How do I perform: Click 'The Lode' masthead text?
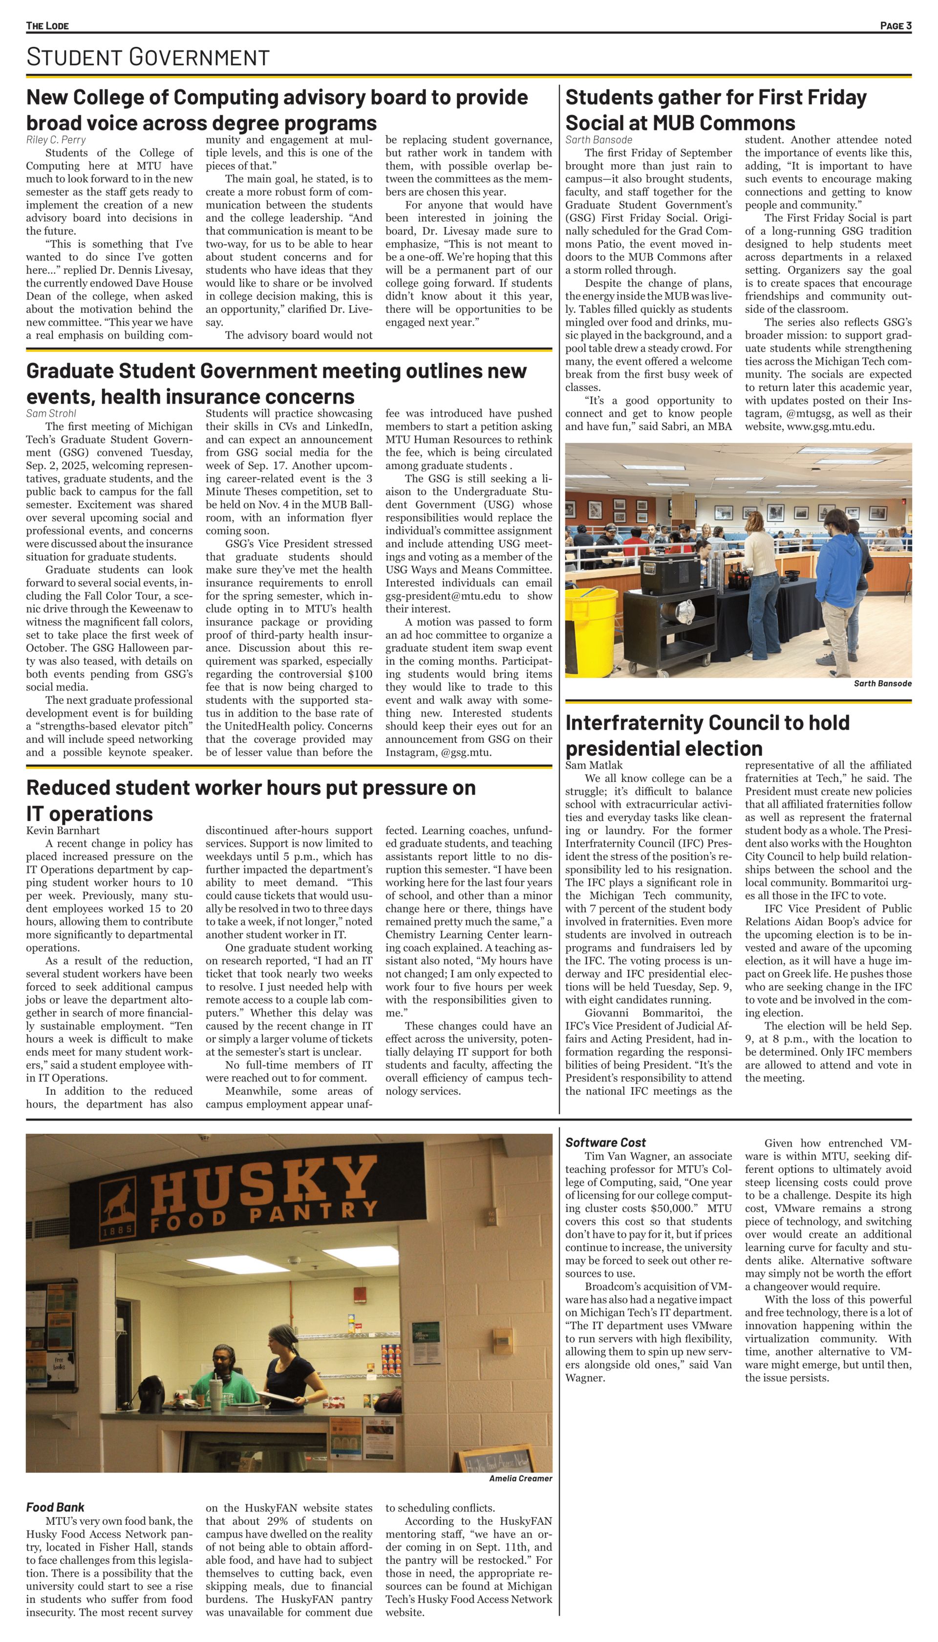coord(47,26)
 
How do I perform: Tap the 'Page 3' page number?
coord(895,26)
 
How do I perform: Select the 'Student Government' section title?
coord(148,57)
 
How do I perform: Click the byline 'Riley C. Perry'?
coord(56,140)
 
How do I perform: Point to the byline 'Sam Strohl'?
coord(51,413)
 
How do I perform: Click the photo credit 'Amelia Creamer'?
coord(520,1478)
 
